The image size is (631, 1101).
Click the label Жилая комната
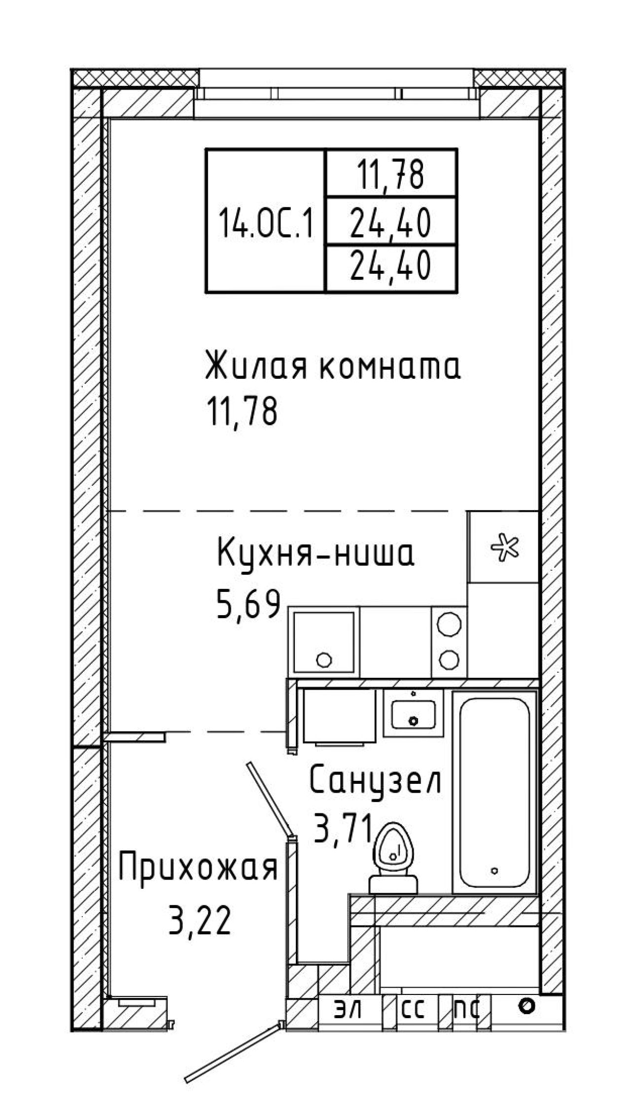pos(333,366)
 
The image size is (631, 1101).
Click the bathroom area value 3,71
pos(344,831)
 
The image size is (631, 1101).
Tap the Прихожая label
pos(198,869)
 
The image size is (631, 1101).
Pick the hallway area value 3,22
pos(200,919)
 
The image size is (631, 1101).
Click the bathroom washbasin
pos(414,713)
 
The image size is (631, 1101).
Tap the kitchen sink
pos(324,642)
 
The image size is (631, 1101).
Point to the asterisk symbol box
pos(503,547)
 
